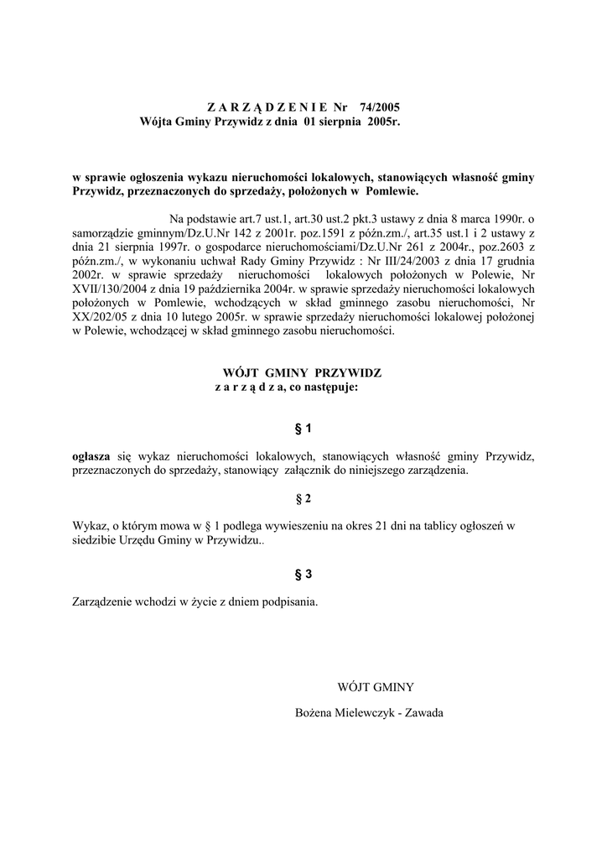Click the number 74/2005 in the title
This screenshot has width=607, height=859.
(x=379, y=107)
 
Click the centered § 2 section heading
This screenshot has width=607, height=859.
(x=303, y=499)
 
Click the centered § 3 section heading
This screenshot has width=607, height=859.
(x=303, y=574)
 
